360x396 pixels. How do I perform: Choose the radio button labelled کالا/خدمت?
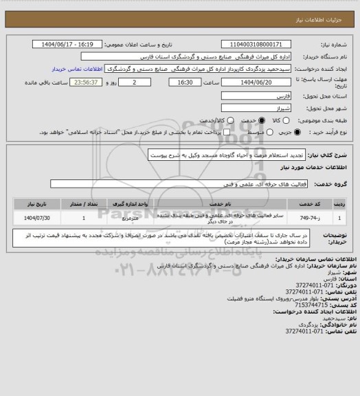point(218,120)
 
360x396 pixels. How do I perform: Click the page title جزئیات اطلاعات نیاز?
point(325,8)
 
